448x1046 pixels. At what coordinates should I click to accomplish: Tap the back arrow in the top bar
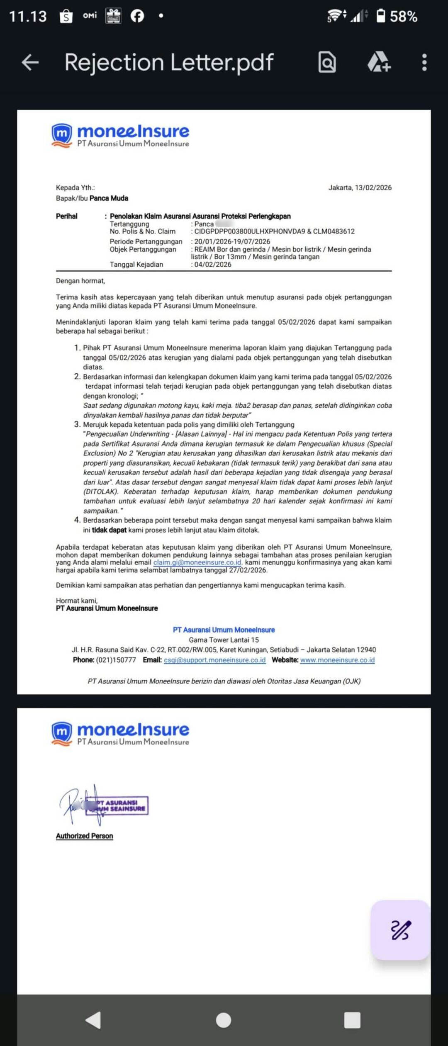(30, 63)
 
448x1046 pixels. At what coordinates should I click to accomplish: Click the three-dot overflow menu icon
(424, 63)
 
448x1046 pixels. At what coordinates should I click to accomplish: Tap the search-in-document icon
(327, 63)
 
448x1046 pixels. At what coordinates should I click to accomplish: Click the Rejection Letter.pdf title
(169, 63)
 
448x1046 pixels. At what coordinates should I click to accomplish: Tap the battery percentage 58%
(403, 17)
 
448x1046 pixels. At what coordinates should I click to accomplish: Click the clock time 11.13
(28, 17)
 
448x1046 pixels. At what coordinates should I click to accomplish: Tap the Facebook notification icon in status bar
(137, 16)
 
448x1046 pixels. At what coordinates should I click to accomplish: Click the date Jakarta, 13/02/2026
(360, 187)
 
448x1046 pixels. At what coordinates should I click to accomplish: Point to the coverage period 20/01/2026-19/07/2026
(232, 241)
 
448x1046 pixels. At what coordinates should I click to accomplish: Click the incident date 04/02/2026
(213, 265)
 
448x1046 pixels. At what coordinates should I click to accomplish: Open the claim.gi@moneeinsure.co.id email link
(197, 562)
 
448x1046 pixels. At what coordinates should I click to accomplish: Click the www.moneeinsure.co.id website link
(337, 660)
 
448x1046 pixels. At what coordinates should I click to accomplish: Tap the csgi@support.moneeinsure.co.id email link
(214, 660)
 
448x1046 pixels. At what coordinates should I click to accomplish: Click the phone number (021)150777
(116, 660)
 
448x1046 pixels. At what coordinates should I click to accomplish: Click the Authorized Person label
(84, 836)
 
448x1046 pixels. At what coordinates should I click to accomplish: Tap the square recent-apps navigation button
(352, 1020)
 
